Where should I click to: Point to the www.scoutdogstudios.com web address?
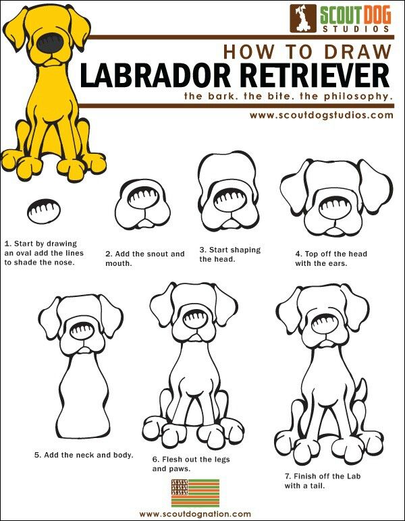pyautogui.click(x=321, y=115)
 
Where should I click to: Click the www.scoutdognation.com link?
pyautogui.click(x=195, y=514)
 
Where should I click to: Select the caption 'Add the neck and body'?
pyautogui.click(x=84, y=455)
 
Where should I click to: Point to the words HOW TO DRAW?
pyautogui.click(x=306, y=52)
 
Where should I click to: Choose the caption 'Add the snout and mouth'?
pyautogui.click(x=144, y=258)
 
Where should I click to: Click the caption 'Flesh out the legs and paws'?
pyautogui.click(x=191, y=464)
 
